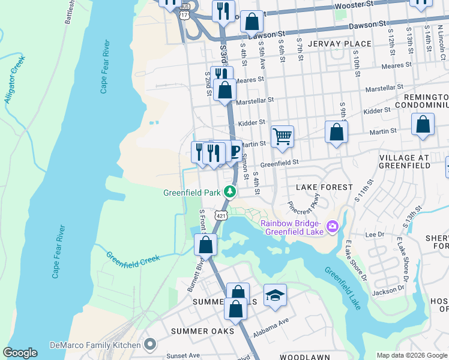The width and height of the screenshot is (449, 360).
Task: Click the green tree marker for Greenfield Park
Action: click(229, 192)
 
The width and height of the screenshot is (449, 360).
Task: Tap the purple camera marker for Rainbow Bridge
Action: click(333, 228)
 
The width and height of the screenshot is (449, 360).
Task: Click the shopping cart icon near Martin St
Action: click(282, 136)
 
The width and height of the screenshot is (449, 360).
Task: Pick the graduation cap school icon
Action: click(274, 295)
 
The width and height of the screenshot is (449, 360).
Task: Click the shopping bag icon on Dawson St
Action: click(252, 21)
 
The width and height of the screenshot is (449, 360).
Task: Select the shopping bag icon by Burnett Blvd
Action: click(205, 244)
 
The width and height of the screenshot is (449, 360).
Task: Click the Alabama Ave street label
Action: click(274, 326)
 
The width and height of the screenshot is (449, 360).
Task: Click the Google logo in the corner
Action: click(20, 353)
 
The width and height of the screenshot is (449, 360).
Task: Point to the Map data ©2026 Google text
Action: click(411, 355)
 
